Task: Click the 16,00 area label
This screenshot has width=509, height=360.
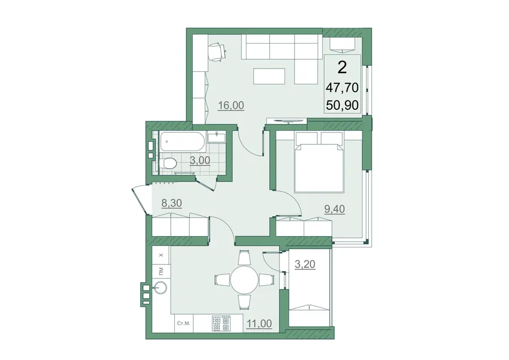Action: (231, 106)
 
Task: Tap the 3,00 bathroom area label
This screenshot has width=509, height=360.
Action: (200, 160)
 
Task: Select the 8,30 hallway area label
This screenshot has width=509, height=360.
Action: (171, 203)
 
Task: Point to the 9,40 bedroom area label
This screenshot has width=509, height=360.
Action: (334, 209)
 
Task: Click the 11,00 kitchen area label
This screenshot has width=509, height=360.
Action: (259, 324)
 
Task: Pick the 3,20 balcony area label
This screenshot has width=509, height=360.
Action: (305, 264)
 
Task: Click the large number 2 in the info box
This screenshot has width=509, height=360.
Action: (343, 67)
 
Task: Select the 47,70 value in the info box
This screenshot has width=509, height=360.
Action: (343, 87)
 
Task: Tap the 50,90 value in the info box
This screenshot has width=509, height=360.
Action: (343, 105)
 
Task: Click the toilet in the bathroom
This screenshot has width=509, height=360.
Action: (168, 163)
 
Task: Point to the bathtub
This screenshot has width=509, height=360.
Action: (182, 142)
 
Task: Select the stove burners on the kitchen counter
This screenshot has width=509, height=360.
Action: (221, 323)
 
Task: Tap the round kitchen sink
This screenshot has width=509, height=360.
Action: (161, 288)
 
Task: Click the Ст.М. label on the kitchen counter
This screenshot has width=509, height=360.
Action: (184, 323)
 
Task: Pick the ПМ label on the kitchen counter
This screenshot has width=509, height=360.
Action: (161, 270)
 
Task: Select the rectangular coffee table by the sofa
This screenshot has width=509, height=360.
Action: (269, 76)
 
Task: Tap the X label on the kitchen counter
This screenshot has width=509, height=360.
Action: (161, 255)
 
